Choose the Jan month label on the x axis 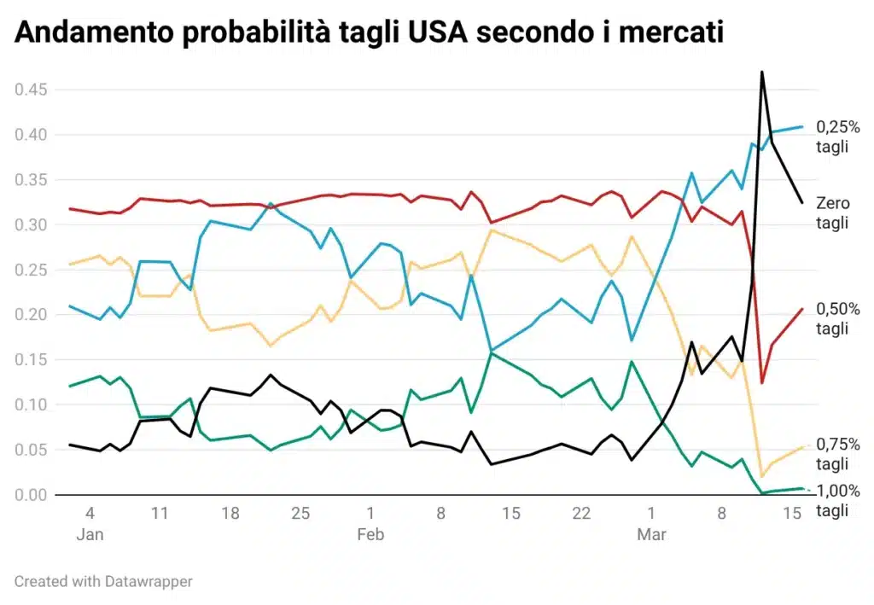click(90, 535)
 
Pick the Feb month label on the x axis click(370, 535)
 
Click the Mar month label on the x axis click(651, 535)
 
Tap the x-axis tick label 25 click(300, 514)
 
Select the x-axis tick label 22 click(581, 514)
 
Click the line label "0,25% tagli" click(838, 137)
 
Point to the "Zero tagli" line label click(833, 212)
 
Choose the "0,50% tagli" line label click(838, 318)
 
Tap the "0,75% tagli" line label click(838, 454)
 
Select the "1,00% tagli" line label click(838, 501)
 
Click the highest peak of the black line click(761, 72)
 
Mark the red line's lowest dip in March click(761, 383)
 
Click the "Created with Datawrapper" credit click(103, 581)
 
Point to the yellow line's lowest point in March click(761, 476)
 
